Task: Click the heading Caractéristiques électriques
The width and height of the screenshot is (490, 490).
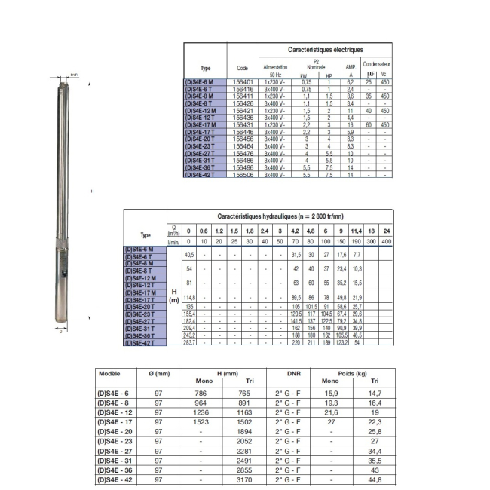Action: (x=325, y=49)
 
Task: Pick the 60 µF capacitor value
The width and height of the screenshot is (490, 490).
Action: (x=369, y=124)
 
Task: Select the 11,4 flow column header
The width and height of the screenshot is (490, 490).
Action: (x=357, y=230)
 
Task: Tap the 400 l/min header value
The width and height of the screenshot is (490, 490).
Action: (x=387, y=241)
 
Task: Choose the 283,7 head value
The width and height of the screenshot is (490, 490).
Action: (x=189, y=343)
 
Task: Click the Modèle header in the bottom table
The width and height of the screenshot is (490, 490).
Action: (x=110, y=374)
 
